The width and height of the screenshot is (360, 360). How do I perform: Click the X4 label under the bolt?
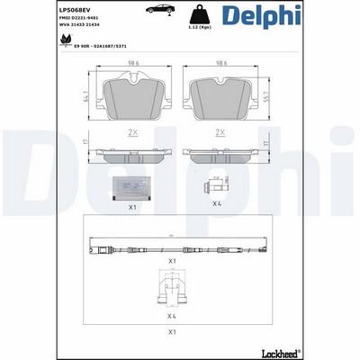pos(217,203)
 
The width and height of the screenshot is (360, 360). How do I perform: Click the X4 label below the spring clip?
pos(172,316)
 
